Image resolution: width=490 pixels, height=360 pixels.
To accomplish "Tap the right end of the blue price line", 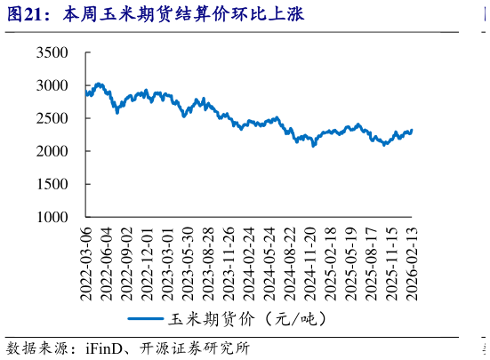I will tap(411, 131).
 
